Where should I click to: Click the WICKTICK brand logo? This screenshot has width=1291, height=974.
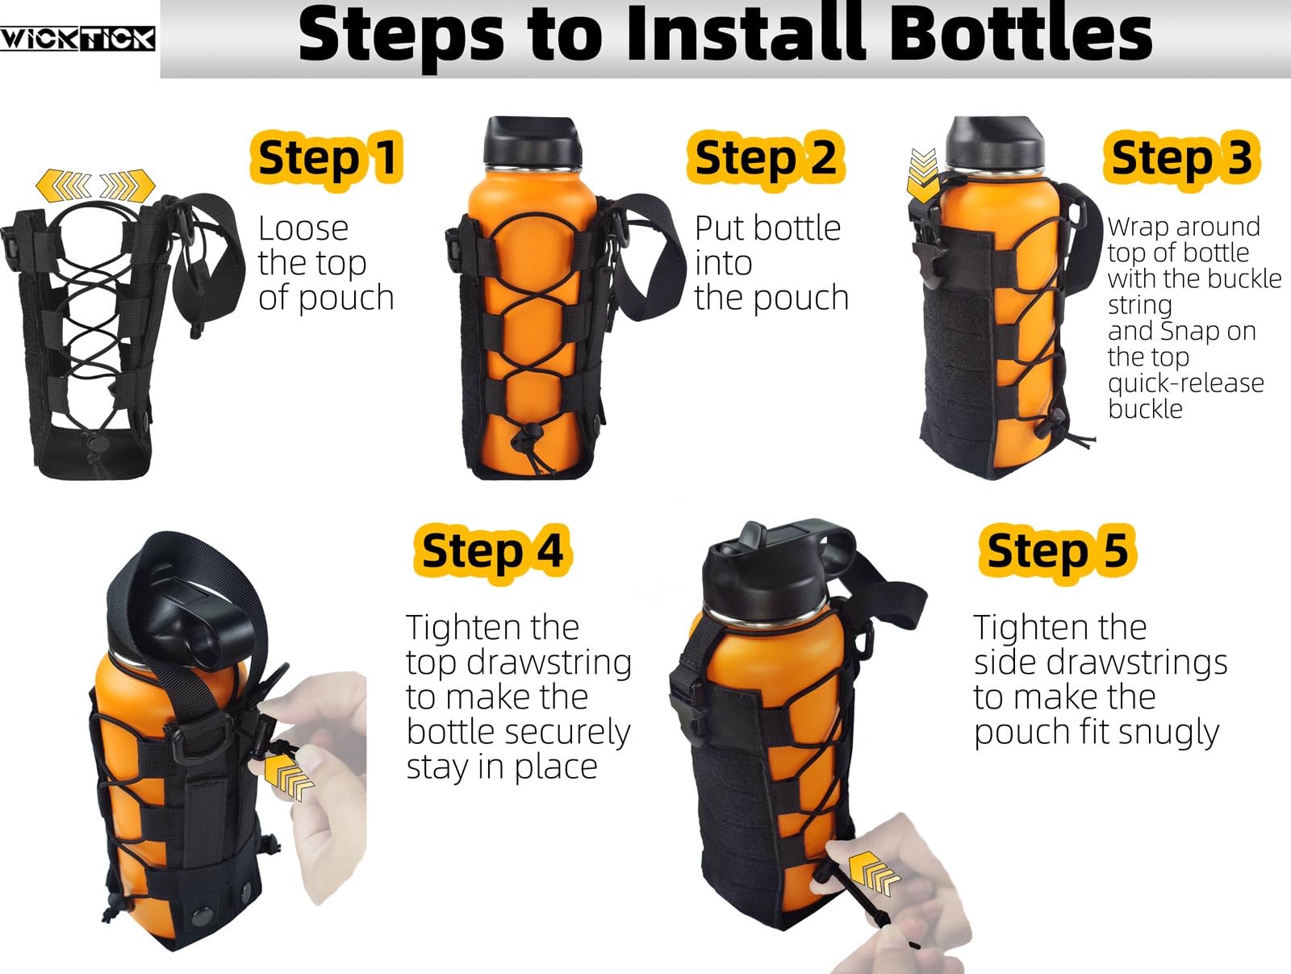click(77, 38)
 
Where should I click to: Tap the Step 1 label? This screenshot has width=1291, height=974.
click(327, 157)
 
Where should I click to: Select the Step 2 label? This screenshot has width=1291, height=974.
click(766, 157)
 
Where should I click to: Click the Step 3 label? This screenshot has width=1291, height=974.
click(1182, 157)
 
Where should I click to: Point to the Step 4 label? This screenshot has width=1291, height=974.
click(493, 550)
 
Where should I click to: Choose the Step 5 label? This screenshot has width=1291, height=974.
click(1058, 550)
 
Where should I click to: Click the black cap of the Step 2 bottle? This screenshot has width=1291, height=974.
click(532, 140)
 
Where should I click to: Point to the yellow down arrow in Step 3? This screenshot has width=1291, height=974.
click(923, 175)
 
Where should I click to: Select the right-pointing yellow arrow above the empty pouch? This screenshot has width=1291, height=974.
click(127, 186)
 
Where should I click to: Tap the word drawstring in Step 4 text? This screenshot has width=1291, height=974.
click(551, 663)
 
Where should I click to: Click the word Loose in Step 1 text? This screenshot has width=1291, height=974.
click(303, 229)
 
